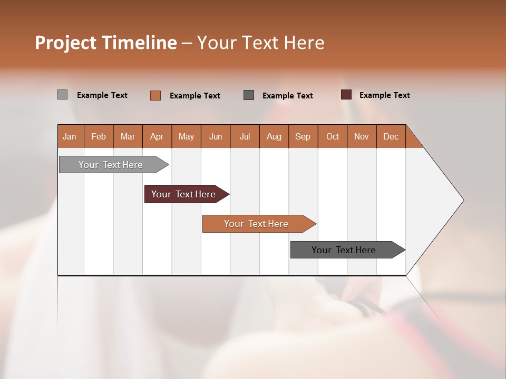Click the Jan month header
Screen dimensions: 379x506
70,136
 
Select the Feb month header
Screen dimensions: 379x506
99,136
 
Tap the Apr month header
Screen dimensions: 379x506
157,136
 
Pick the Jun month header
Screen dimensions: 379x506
216,136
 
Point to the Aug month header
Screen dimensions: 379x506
274,136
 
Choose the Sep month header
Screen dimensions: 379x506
303,136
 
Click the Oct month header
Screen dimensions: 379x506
333,136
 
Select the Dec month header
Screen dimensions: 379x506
391,136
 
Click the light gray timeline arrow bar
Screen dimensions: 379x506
111,165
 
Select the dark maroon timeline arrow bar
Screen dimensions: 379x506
183,194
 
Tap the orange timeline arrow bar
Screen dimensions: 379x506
256,224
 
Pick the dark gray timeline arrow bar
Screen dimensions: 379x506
344,250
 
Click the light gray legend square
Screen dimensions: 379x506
62,95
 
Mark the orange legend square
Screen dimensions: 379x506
155,95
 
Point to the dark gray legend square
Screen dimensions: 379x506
249,95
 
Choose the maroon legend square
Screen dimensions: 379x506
346,95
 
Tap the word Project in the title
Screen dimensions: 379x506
65,43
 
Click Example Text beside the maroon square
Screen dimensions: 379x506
385,95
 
